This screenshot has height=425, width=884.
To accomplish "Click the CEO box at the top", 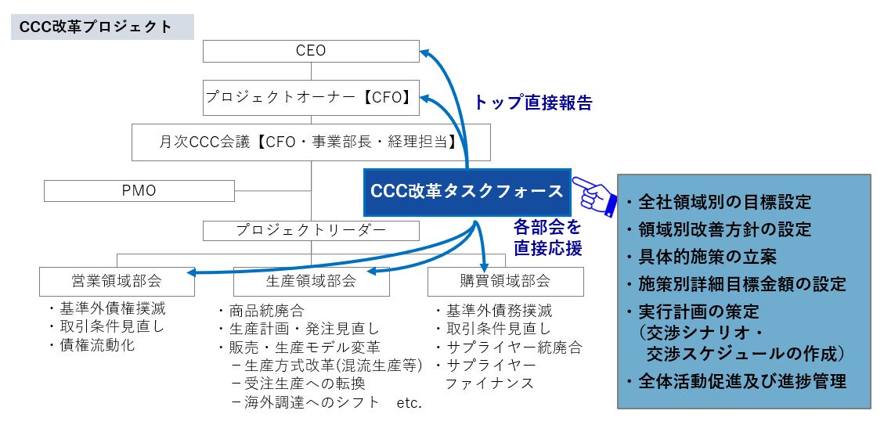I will tap(311, 51).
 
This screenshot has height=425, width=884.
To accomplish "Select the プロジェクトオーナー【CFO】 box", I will tap(311, 98).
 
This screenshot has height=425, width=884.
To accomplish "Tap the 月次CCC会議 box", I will tap(311, 142).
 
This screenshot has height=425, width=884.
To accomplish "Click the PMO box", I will tap(139, 190).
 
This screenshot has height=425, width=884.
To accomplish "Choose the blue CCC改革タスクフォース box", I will tap(467, 191).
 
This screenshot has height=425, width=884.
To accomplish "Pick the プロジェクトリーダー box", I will tap(311, 230).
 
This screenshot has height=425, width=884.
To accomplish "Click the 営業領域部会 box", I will tap(117, 281).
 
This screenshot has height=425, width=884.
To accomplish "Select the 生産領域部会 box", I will tap(311, 281).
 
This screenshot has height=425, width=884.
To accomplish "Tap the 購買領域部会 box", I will tap(505, 281).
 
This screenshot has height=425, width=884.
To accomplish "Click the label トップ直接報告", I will tap(533, 103).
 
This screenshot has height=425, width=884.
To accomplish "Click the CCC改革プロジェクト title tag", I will tap(101, 27).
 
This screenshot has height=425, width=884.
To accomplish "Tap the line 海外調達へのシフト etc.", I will tap(327, 403).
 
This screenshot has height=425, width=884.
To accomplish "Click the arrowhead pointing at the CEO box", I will tap(424, 52).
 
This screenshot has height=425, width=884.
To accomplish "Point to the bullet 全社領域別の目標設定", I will tap(722, 202).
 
